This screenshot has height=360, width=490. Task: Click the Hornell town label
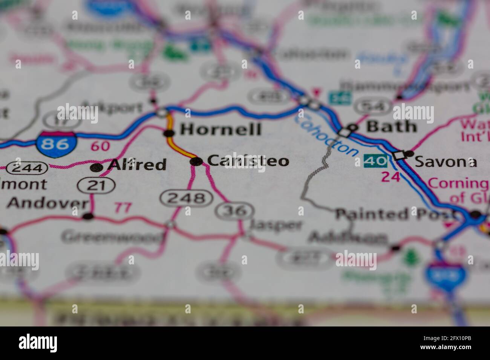tap(220, 129)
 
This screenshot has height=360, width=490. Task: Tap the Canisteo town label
tap(248, 161)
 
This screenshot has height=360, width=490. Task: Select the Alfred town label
tap(137, 165)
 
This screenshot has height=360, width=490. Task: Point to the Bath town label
tap(392, 127)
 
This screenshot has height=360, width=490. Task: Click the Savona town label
tap(446, 162)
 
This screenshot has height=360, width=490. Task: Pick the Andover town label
tap(47, 203)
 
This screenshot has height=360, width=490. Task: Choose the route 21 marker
tap(96, 185)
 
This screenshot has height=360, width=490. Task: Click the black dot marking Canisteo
tap(196, 162)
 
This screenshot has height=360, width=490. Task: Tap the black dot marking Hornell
tap(169, 133)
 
